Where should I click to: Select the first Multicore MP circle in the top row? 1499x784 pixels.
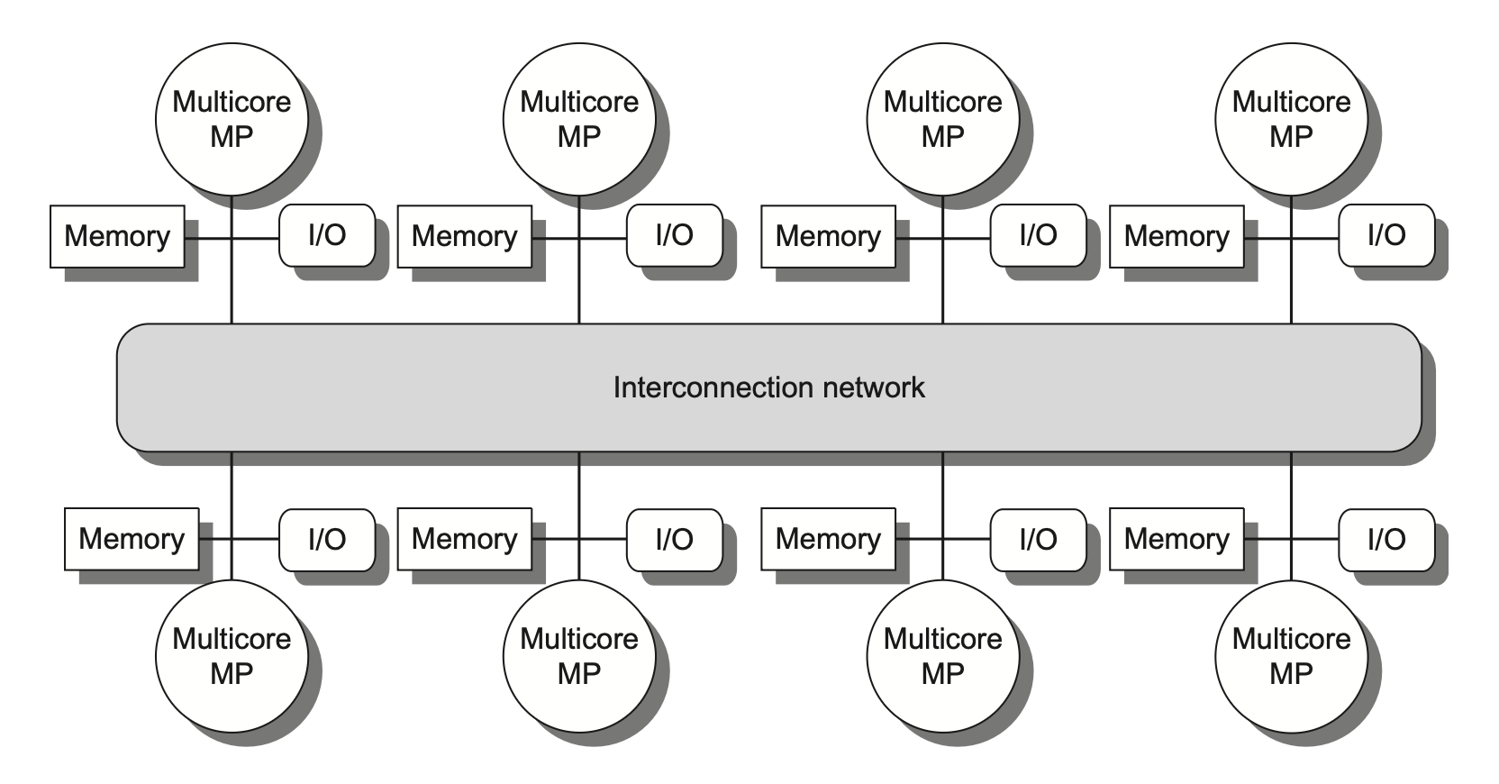(x=232, y=119)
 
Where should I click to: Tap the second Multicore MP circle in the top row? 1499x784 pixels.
(x=579, y=119)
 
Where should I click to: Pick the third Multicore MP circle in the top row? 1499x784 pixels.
(x=942, y=119)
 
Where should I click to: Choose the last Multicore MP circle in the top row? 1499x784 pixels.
(x=1291, y=119)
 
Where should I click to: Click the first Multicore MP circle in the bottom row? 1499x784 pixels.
(x=232, y=656)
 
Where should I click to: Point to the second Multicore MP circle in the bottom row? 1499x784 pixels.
(x=579, y=656)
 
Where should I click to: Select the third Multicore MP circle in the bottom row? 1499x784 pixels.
(x=942, y=656)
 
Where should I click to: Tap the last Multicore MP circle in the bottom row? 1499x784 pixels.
(x=1291, y=656)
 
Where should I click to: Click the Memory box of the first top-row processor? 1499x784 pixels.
(x=117, y=236)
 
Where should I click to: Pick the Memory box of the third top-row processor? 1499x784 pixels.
(x=828, y=236)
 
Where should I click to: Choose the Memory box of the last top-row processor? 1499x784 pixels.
(x=1176, y=236)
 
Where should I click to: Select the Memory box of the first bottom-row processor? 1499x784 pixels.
(x=132, y=539)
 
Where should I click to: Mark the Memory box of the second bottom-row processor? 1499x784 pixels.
(x=464, y=539)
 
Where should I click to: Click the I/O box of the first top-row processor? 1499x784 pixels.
(x=327, y=235)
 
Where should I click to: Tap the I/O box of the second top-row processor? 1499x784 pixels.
(x=675, y=235)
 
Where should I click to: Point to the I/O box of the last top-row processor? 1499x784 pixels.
(x=1386, y=235)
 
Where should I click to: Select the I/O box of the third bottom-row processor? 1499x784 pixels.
(x=1038, y=539)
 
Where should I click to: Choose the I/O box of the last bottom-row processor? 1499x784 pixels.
(x=1386, y=539)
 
